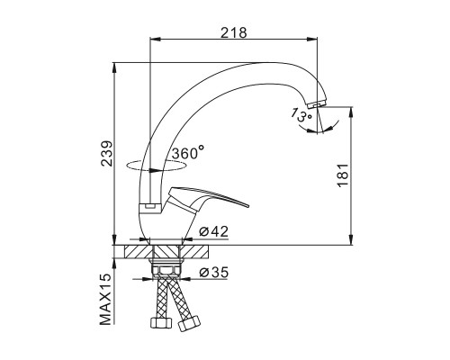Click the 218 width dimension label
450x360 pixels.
coord(234,32)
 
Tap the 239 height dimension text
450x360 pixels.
coord(107,153)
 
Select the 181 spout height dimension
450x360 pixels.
coord(343,175)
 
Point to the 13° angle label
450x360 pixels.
coord(301,114)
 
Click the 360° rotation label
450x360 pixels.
coord(188,153)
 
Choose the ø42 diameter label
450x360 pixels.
coord(213,231)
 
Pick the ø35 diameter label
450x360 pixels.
coord(213,272)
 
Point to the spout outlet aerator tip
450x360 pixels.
coord(316,103)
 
